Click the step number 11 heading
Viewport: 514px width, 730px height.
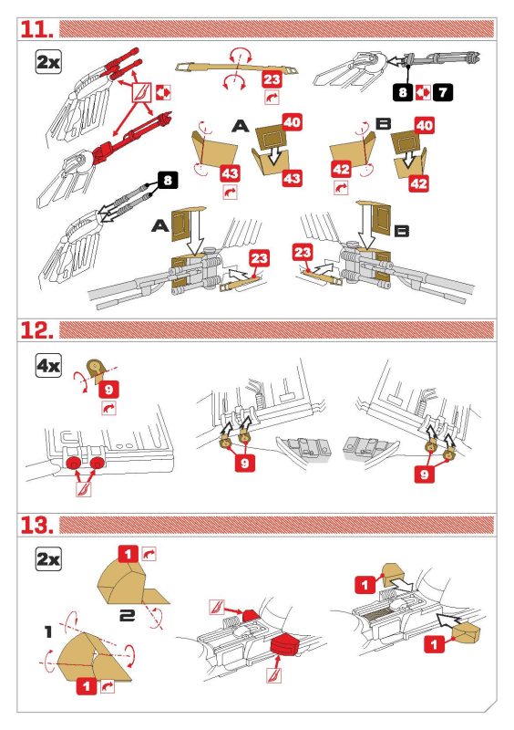click(x=36, y=29)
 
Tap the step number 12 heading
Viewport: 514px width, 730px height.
click(x=36, y=330)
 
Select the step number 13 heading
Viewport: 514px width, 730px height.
click(x=36, y=525)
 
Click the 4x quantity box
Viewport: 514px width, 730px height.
click(x=48, y=366)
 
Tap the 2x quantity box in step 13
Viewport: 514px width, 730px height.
click(x=48, y=559)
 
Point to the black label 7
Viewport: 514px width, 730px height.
click(x=442, y=92)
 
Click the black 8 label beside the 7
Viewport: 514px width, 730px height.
click(x=403, y=92)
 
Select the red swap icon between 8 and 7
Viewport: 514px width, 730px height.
click(x=423, y=92)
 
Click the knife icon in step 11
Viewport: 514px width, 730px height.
click(x=141, y=93)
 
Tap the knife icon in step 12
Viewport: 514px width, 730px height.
click(x=84, y=489)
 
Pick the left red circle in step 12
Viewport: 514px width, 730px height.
click(x=73, y=464)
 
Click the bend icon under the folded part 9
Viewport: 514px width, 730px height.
click(x=108, y=408)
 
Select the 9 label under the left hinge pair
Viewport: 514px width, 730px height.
click(x=245, y=463)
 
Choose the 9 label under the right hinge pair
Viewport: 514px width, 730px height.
click(x=424, y=474)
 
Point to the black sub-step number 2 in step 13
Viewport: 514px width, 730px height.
click(x=127, y=615)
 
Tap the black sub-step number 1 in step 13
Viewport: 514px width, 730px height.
click(x=48, y=631)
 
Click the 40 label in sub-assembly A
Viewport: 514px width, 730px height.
click(x=293, y=123)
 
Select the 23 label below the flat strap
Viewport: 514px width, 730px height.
click(x=272, y=79)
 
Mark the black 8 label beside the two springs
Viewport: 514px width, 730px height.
click(x=168, y=180)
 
